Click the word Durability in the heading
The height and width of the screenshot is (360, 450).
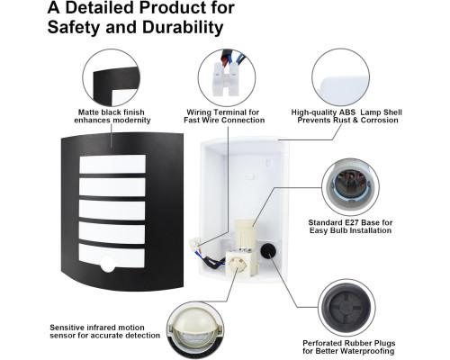(x=183, y=27)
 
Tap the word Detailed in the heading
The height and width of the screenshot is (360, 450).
(x=99, y=7)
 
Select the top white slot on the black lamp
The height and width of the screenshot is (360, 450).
(x=112, y=164)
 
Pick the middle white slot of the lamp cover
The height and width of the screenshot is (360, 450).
(x=112, y=210)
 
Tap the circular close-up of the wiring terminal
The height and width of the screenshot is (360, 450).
(x=227, y=77)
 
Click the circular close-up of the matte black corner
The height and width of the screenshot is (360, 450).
(x=112, y=77)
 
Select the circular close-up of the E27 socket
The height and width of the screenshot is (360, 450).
(x=350, y=187)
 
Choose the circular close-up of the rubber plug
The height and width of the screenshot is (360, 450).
(x=346, y=308)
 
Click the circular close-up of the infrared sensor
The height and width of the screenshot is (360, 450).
(x=195, y=330)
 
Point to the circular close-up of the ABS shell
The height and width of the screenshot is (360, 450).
(x=341, y=77)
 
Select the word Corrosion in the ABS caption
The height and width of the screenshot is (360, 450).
(x=380, y=120)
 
